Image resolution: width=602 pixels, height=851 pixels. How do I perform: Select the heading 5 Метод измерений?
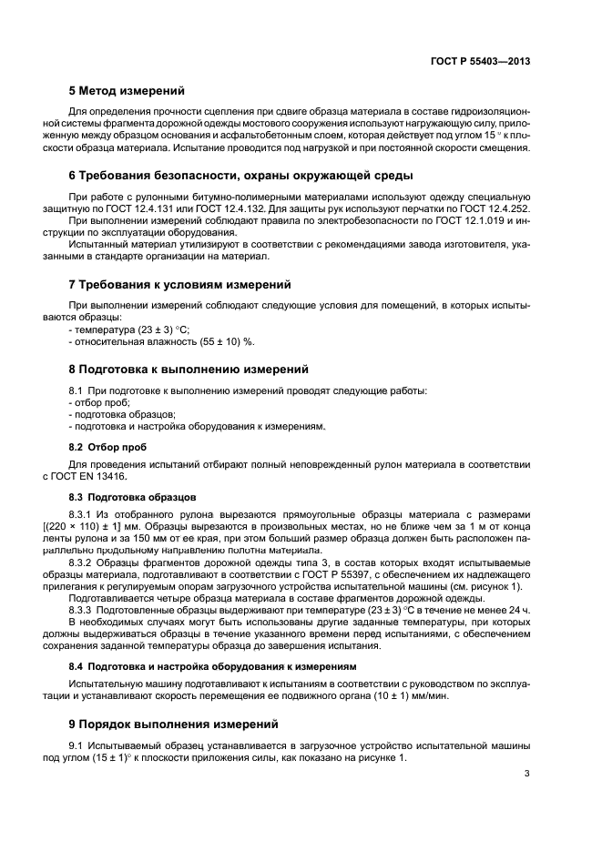(x=127, y=91)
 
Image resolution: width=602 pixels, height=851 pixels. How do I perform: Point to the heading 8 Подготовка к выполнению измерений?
(x=189, y=370)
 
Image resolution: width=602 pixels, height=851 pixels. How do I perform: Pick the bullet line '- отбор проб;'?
(x=99, y=401)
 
